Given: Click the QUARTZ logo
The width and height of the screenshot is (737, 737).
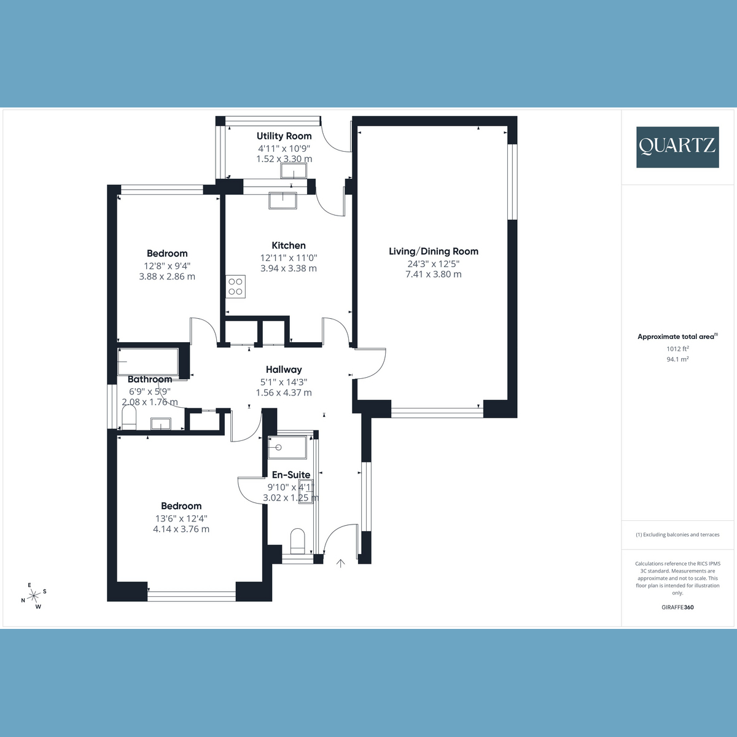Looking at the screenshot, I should (677, 147).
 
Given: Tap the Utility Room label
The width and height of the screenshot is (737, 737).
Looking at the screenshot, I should (284, 136).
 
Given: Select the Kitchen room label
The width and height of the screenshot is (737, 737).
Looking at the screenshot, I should (289, 245).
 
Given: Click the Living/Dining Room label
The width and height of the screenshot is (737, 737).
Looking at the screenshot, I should (433, 251).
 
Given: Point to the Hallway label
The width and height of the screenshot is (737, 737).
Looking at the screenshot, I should (284, 369).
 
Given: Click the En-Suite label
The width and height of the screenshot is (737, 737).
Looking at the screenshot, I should (291, 475).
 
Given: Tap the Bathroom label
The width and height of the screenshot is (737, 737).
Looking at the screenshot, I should (149, 380).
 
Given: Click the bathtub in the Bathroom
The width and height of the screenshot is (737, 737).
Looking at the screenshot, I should (148, 362).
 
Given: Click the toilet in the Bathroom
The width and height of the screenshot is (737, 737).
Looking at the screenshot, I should (128, 419).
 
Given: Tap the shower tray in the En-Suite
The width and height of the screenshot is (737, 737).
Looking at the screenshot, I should (287, 448).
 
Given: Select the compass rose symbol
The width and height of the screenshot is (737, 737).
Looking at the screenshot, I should (34, 595).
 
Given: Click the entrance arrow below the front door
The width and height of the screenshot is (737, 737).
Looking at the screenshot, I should (340, 563).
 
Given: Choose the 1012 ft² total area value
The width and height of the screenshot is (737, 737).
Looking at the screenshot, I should (677, 349).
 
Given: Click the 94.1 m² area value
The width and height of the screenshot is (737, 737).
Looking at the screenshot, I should (677, 359).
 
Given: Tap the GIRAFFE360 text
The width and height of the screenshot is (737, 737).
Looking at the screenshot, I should (677, 607).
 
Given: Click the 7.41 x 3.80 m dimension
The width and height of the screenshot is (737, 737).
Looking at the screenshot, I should (433, 275).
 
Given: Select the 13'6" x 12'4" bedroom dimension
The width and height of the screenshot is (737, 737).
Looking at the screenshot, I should (181, 518).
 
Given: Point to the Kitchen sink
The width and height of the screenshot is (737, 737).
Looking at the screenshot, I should (283, 200).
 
